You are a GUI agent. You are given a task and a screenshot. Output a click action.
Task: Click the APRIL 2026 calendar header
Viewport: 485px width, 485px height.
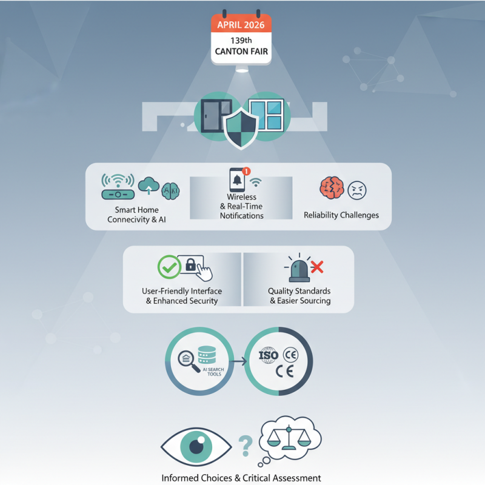pos(241,26)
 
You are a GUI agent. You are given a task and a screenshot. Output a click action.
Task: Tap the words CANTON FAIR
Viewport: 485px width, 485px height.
pos(241,52)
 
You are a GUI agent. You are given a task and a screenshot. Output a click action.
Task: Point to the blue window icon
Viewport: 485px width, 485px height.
pos(264,116)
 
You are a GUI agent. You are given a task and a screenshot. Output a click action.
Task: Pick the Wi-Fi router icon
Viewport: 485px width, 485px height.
pos(117,189)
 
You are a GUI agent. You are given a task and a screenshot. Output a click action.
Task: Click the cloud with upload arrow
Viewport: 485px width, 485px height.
pos(149,186)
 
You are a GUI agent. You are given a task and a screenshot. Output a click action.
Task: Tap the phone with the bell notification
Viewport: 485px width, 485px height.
pos(236,180)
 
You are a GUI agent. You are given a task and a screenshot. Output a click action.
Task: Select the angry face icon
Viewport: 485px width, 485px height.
pos(356,190)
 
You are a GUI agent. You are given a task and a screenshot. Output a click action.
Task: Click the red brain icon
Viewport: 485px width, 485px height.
pos(332,189)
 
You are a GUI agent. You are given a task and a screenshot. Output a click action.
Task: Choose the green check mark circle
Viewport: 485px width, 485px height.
pos(169,267)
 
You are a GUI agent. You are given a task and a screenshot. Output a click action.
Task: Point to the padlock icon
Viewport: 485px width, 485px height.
pos(190,265)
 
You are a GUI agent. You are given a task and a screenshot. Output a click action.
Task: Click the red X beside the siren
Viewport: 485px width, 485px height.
pos(316,267)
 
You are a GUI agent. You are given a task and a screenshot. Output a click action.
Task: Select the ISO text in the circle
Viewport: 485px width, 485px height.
pos(268,355)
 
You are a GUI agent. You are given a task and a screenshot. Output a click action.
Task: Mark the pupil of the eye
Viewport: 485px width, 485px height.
pos(196,447)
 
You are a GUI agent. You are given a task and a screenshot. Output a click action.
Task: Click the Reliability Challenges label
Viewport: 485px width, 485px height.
pos(341,215)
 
